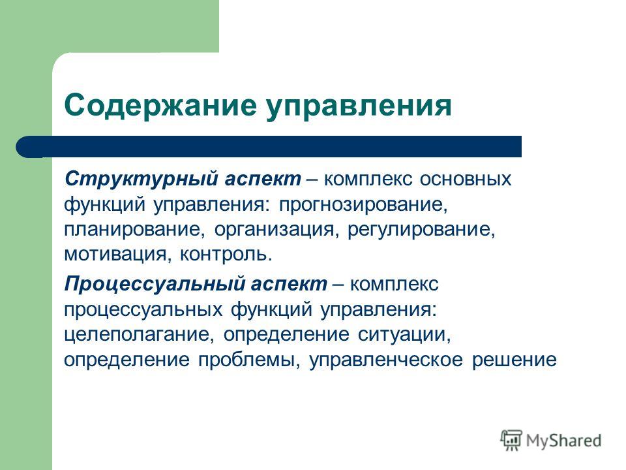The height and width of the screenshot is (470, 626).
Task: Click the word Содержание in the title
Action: coord(160,106)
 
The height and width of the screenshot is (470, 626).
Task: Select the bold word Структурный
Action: coord(141,180)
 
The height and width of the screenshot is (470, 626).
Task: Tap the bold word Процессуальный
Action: coord(154,285)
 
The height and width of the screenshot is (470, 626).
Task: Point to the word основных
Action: coord(466,179)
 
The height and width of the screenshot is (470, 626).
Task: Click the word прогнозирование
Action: coord(363,205)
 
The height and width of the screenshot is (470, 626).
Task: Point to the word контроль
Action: coord(226,255)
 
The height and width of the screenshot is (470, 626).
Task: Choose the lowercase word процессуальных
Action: coord(143,310)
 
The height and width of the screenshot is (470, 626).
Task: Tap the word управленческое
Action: coord(386,360)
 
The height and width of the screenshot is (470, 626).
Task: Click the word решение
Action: coord(514,360)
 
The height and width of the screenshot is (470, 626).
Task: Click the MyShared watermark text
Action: coord(563,441)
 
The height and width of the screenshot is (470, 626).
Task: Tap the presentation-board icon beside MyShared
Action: coord(511,441)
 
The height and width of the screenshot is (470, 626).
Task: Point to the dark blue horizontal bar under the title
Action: coord(269,147)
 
